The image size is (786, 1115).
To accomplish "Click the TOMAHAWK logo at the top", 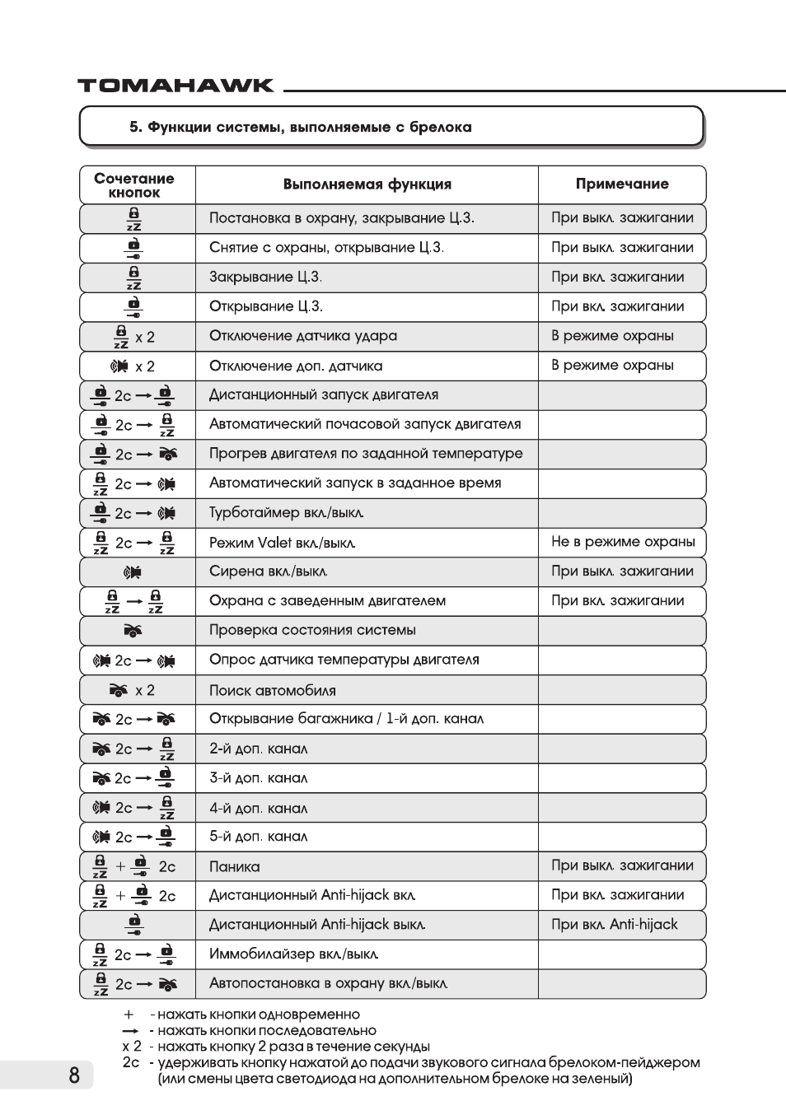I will (175, 86).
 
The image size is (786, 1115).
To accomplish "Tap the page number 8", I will (74, 1075).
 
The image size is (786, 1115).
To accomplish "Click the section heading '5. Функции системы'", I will (301, 128).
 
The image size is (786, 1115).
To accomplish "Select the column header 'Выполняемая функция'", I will (367, 184).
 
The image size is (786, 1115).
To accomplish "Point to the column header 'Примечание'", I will (622, 184).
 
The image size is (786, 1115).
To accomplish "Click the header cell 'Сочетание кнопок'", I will (134, 185).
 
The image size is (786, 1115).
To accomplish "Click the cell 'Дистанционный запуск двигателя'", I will (324, 395).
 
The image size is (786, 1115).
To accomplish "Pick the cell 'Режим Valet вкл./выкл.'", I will (283, 543).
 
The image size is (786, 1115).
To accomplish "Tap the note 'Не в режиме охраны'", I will (623, 542).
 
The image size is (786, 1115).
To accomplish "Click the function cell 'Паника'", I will (235, 866).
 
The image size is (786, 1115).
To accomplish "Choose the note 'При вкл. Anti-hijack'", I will (615, 925).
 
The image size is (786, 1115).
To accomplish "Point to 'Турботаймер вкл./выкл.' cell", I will (287, 513).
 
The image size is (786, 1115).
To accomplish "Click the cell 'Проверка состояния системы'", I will (312, 631).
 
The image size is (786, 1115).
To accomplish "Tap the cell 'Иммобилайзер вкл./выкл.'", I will (294, 954).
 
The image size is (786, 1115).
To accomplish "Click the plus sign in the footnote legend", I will (129, 1015).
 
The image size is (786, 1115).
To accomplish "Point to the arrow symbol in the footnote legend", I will (129, 1031).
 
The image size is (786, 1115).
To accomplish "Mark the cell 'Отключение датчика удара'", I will (303, 336).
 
